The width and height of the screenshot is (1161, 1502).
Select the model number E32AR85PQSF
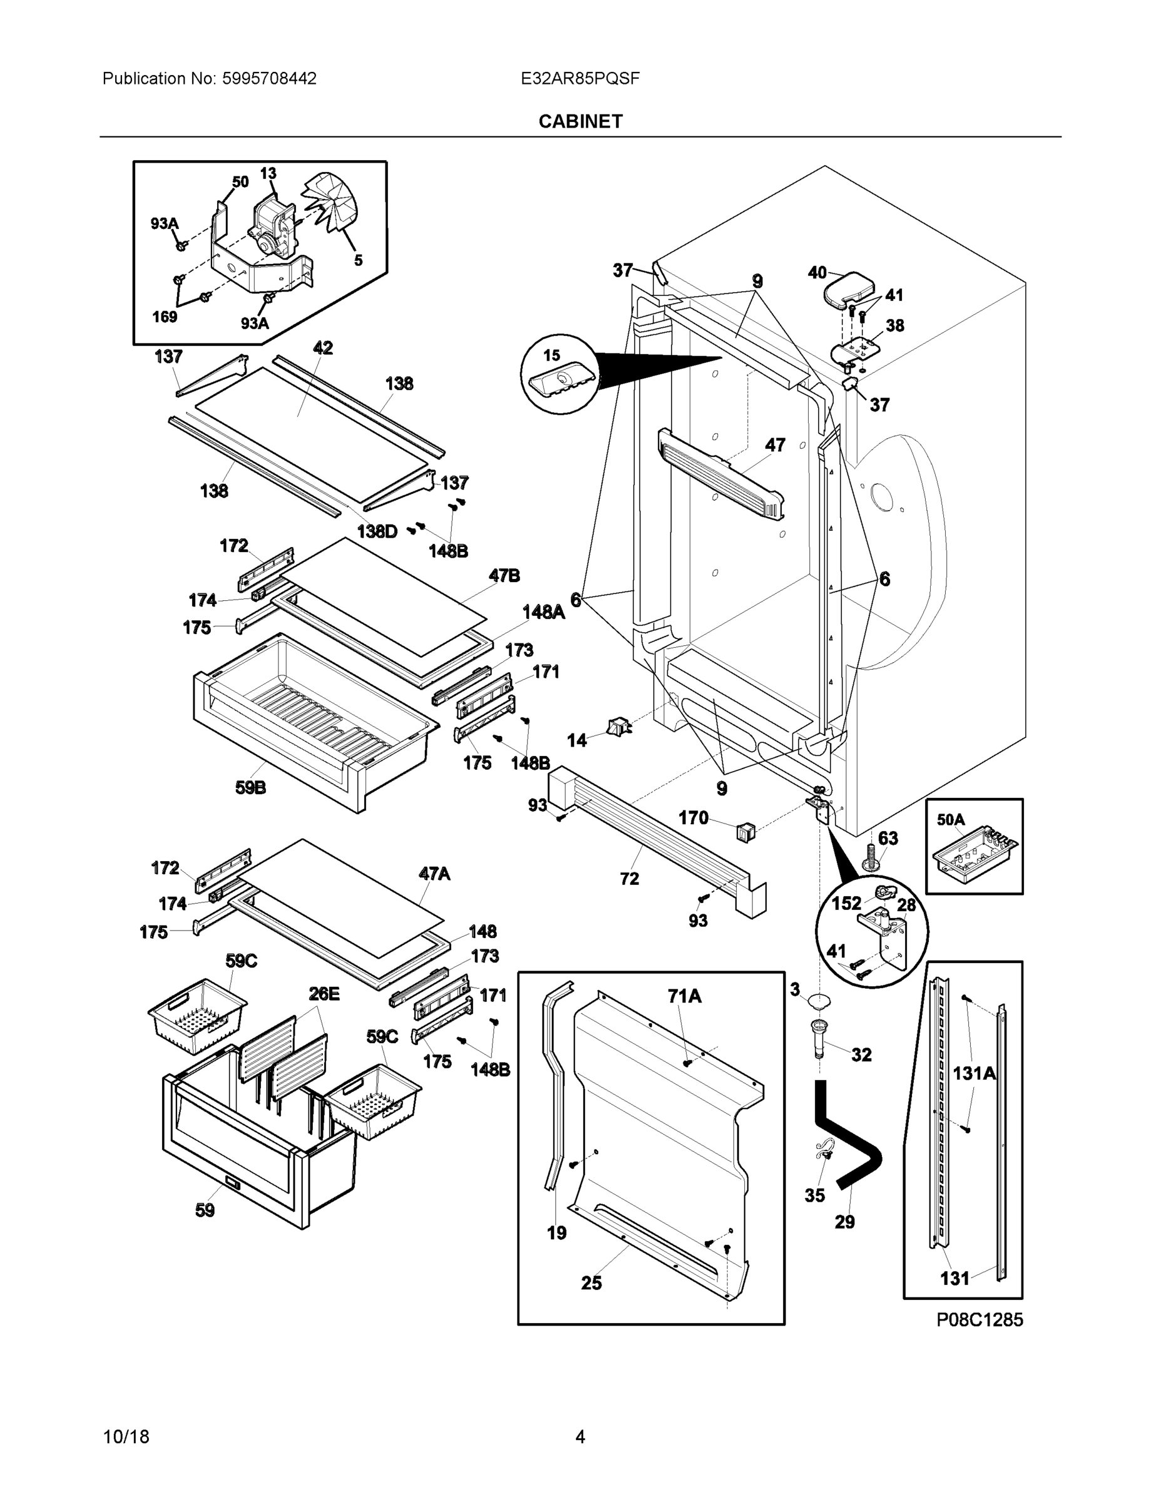[x=580, y=78]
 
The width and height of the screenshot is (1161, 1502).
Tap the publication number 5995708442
[x=269, y=78]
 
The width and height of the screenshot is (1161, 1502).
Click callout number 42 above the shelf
[x=322, y=348]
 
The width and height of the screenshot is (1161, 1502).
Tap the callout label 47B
[x=504, y=576]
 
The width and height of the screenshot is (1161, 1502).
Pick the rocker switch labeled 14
[x=618, y=727]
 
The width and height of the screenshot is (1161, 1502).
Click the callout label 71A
[x=684, y=996]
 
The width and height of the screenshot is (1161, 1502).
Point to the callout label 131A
[x=974, y=1073]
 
